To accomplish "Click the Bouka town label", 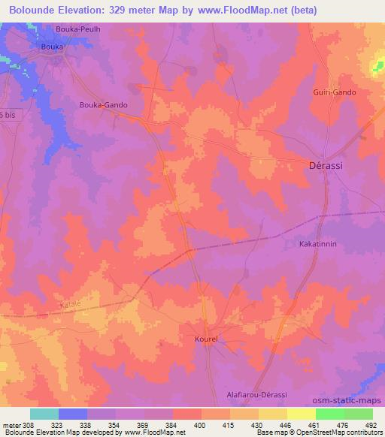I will click(52, 47).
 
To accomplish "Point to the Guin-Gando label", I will click(335, 92).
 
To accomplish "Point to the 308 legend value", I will click(29, 426).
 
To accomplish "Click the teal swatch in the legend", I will click(44, 414).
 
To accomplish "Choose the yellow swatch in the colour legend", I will click(302, 414).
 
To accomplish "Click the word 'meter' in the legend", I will click(11, 426).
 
